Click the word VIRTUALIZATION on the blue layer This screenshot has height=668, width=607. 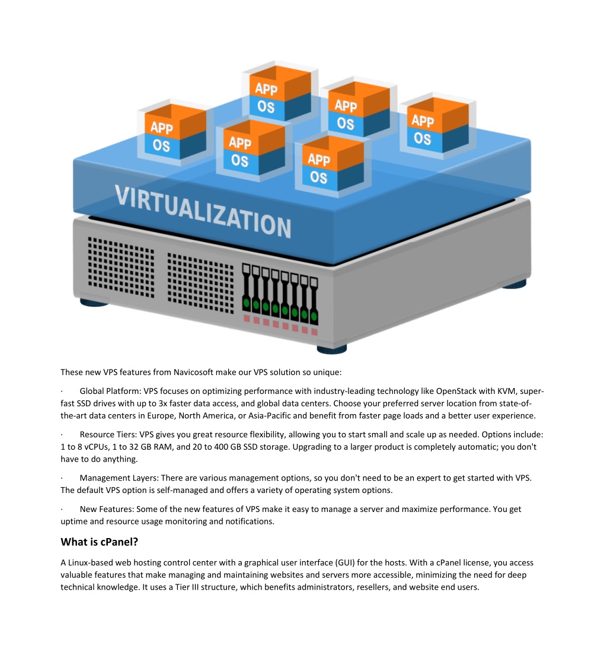pyautogui.click(x=203, y=211)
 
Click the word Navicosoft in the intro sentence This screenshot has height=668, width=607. pyautogui.click(x=193, y=373)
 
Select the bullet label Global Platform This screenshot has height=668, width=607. pyautogui.click(x=110, y=391)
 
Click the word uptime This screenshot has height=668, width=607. pyautogui.click(x=74, y=521)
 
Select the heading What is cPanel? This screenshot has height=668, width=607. pyautogui.click(x=99, y=542)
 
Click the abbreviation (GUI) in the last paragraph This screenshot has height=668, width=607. pyautogui.click(x=345, y=563)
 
